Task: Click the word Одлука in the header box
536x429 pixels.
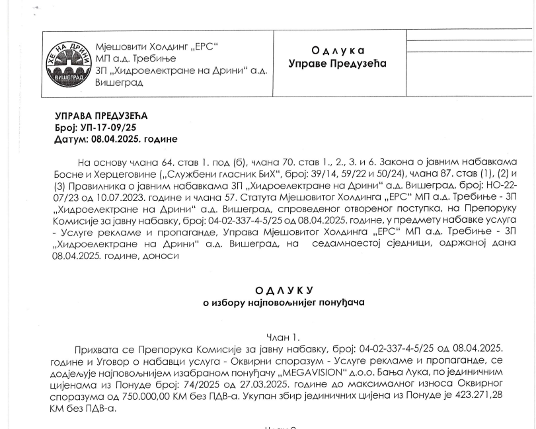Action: [x=338, y=51]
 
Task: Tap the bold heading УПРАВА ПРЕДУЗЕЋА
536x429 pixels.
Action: [x=101, y=116]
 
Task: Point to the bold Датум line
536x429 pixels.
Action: [x=116, y=139]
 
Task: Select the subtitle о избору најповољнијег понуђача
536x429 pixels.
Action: [x=283, y=303]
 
